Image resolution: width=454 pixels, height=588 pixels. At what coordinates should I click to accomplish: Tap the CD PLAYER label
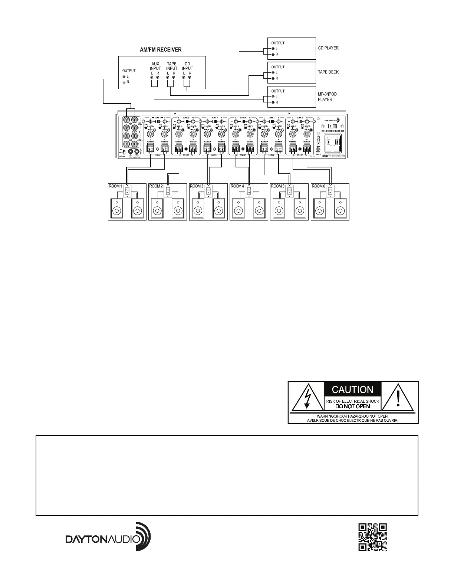(x=328, y=48)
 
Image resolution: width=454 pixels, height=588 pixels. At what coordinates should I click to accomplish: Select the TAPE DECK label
(x=328, y=72)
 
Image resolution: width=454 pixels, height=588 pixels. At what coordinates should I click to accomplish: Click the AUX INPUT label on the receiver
(x=155, y=66)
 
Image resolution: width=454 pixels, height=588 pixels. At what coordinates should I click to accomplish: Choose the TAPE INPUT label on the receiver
(x=172, y=66)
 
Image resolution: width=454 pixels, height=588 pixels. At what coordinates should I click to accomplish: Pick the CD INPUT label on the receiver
(x=187, y=66)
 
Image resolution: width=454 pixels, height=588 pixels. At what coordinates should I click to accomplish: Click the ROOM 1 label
(x=115, y=186)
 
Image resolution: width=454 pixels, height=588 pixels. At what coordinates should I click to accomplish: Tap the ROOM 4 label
(x=237, y=186)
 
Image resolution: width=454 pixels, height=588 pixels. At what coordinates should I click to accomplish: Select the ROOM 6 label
(x=318, y=186)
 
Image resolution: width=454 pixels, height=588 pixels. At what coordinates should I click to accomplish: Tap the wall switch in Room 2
(x=168, y=191)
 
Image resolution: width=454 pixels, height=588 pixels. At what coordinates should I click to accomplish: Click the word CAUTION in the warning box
(x=352, y=390)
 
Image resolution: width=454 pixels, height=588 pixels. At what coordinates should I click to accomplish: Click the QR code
(x=373, y=537)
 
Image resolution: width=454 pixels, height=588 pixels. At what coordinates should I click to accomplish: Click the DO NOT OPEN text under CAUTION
(x=352, y=406)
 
